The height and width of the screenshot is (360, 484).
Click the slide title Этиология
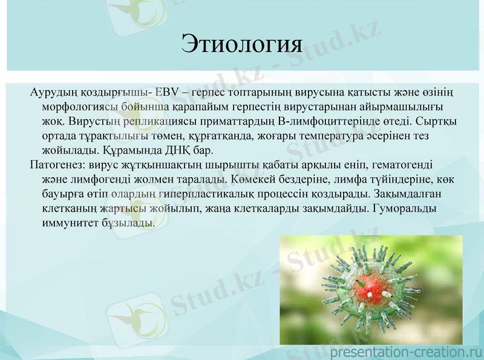click(x=241, y=44)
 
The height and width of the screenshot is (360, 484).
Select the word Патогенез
click(x=56, y=165)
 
